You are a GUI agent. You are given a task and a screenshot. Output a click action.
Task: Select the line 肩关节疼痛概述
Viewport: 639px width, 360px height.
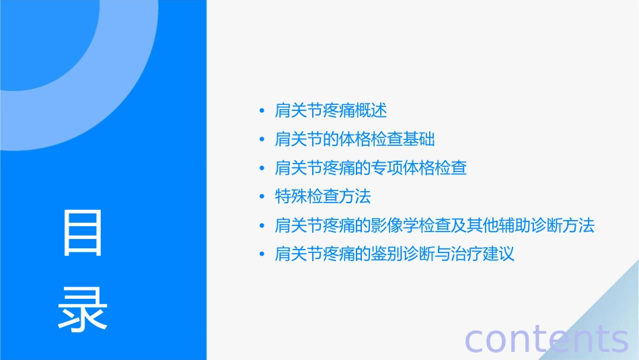click(x=331, y=110)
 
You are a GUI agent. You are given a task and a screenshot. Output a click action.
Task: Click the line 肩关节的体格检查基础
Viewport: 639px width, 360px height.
click(x=355, y=139)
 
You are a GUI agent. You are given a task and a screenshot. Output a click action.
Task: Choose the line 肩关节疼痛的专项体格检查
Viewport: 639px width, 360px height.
click(x=371, y=168)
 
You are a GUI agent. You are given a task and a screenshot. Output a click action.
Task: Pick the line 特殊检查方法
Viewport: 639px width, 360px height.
click(x=323, y=197)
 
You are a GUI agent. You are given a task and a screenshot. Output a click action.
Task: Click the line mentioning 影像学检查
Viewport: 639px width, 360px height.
click(x=435, y=225)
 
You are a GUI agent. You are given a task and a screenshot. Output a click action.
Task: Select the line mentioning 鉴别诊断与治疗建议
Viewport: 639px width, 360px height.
click(x=395, y=254)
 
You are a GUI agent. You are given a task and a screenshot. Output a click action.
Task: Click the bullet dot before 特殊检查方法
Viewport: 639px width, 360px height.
click(x=262, y=198)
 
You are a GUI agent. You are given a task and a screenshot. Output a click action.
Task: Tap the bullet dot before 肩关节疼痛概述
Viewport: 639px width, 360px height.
click(x=262, y=111)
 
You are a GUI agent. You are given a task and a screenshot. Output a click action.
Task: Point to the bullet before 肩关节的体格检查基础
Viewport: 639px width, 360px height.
click(x=262, y=140)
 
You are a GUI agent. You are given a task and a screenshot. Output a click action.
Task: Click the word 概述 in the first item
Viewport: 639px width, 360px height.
click(x=371, y=110)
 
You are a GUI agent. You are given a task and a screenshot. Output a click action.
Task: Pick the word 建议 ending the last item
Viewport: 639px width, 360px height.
click(x=498, y=254)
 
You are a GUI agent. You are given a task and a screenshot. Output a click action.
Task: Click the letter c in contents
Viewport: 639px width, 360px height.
click(x=475, y=340)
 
